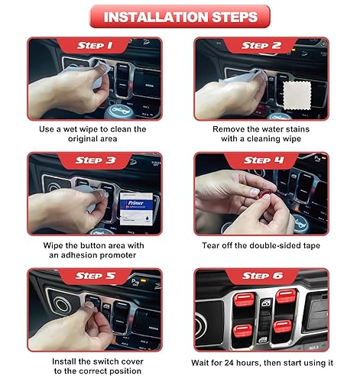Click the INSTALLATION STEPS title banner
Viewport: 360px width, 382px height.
pos(179,16)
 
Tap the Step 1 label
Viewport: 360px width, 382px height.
pos(95,45)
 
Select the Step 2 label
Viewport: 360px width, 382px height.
pos(261,45)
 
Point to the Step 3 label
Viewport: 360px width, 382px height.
pos(95,160)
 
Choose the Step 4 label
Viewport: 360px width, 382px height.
pos(261,160)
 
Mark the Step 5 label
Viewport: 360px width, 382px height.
pos(95,276)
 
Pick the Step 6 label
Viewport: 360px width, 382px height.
pos(261,276)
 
